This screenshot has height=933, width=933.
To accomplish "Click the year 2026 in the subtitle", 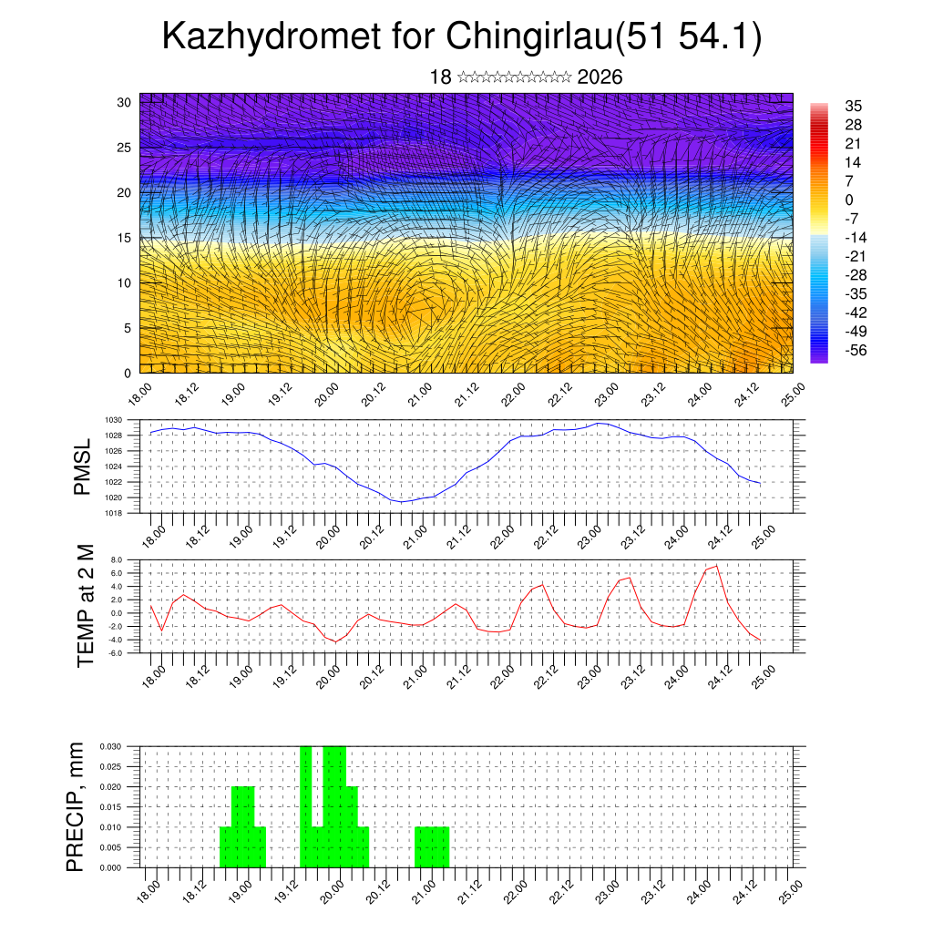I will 600,77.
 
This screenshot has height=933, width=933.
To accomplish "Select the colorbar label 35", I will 854,106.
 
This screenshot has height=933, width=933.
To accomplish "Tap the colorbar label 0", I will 849,200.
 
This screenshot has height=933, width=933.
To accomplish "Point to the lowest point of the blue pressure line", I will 402,502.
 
